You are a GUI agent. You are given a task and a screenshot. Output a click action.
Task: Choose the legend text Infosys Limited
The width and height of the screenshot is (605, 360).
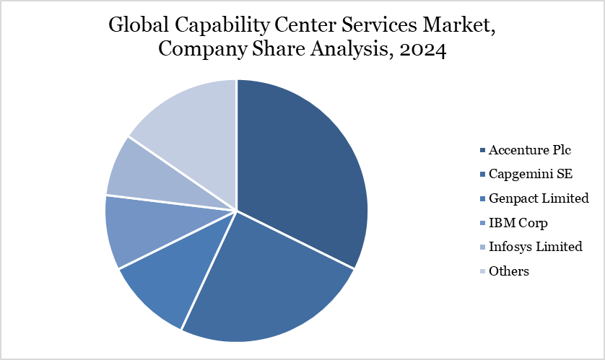click(x=535, y=247)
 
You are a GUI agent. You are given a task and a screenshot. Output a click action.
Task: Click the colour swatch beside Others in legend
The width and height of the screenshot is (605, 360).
click(x=482, y=271)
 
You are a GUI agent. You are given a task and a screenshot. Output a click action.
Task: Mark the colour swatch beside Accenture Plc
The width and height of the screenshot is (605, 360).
click(x=482, y=150)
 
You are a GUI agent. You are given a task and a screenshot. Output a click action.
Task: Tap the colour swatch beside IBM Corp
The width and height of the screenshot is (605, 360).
click(x=482, y=222)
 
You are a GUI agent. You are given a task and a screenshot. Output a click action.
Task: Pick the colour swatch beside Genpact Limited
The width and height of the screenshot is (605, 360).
click(x=482, y=198)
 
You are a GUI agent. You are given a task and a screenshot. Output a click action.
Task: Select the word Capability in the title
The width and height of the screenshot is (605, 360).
click(x=217, y=26)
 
